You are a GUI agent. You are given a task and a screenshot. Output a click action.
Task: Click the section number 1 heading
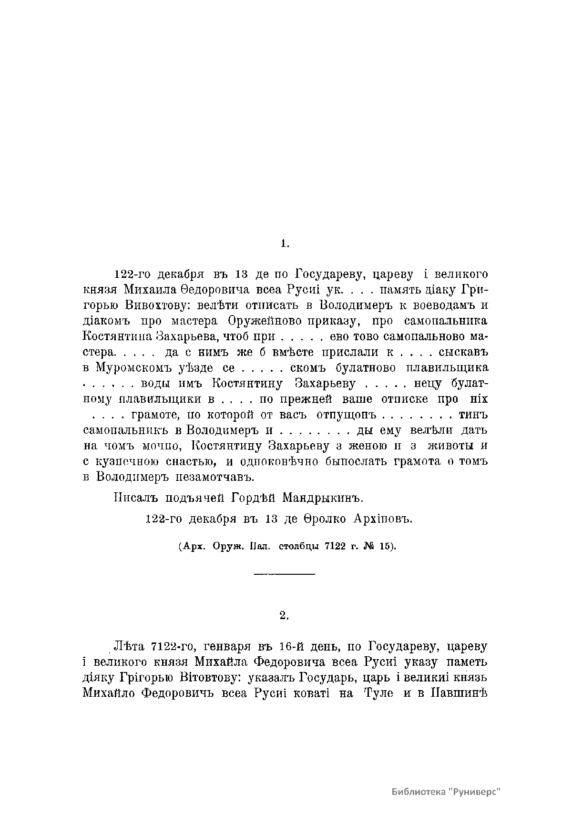[x=285, y=244]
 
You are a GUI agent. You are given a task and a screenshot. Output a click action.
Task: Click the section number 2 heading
[x=285, y=615]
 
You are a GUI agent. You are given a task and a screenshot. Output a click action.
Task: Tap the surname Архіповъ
[x=382, y=519]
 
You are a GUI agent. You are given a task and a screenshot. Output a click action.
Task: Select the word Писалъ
[x=135, y=499]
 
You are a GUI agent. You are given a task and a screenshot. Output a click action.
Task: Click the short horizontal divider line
[x=285, y=574]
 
